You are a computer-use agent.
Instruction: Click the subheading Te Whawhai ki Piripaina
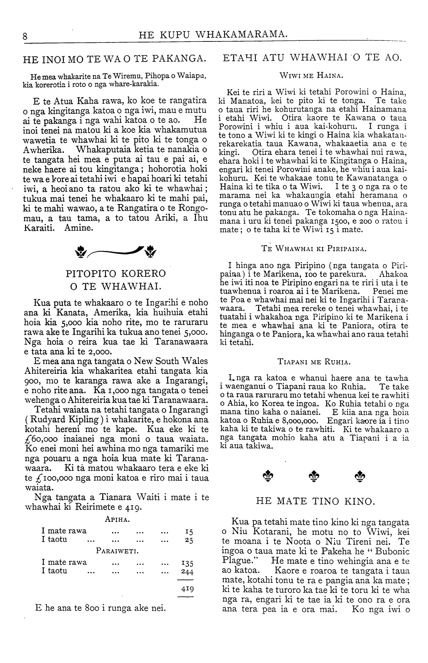(314, 249)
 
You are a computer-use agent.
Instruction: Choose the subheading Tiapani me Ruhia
(314, 362)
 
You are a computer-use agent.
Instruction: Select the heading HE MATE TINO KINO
(314, 501)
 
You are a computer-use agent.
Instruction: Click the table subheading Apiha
(117, 519)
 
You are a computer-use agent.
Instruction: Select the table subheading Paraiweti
(117, 550)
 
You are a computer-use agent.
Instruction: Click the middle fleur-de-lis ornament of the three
(314, 477)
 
